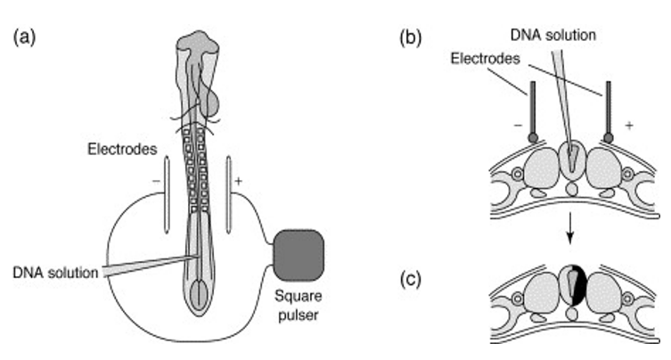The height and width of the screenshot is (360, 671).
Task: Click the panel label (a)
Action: point(24,38)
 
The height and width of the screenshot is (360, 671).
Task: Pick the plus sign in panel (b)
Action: point(629,127)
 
